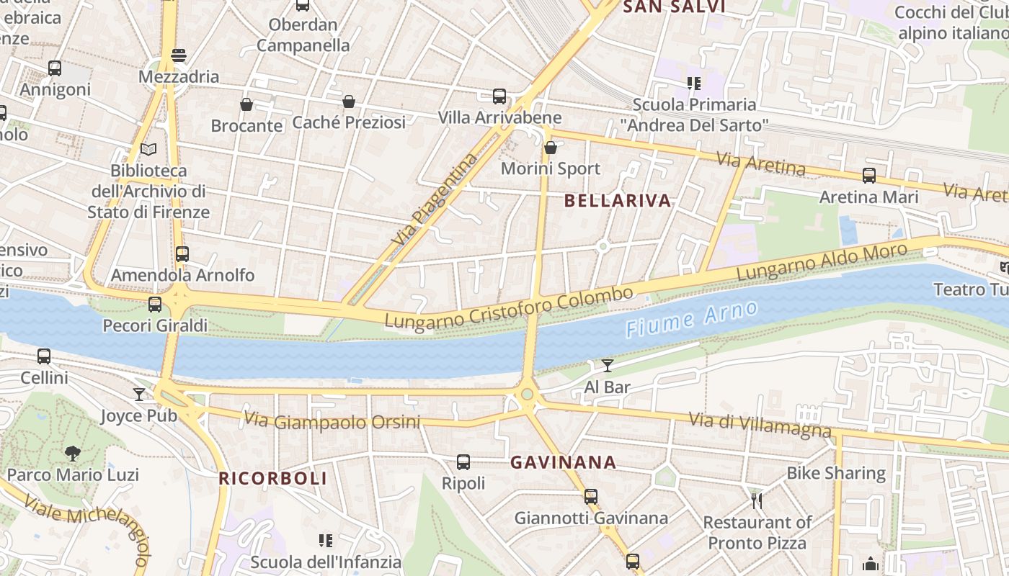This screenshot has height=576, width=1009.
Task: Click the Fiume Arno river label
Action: click(x=692, y=319)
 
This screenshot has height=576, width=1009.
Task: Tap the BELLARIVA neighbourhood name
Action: click(x=618, y=201)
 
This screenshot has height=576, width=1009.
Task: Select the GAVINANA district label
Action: click(x=564, y=462)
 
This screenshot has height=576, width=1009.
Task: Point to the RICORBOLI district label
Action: click(x=273, y=478)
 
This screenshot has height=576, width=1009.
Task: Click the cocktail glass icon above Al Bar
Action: click(x=608, y=366)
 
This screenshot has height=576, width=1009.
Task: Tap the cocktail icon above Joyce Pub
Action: click(x=139, y=394)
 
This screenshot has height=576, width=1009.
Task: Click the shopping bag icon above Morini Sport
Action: click(x=551, y=148)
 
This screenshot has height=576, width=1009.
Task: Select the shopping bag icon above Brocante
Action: click(x=246, y=104)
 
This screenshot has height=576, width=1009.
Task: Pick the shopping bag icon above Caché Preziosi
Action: click(x=349, y=102)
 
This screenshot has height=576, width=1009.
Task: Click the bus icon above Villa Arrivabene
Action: click(x=499, y=96)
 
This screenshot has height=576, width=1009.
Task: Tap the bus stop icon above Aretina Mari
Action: click(x=869, y=175)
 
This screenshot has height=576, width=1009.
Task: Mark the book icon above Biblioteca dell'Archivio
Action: click(x=148, y=149)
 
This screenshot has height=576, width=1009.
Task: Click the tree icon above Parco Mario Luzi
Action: click(x=72, y=453)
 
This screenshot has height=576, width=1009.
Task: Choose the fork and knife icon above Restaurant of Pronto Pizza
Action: click(x=757, y=500)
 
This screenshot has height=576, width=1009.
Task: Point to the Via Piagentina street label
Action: click(x=435, y=198)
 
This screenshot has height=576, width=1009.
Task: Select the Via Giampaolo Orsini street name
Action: click(x=332, y=420)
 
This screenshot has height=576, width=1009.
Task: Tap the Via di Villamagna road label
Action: click(x=760, y=425)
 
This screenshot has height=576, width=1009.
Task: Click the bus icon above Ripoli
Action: click(x=463, y=462)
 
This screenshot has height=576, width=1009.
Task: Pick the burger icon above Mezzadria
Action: click(x=179, y=55)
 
